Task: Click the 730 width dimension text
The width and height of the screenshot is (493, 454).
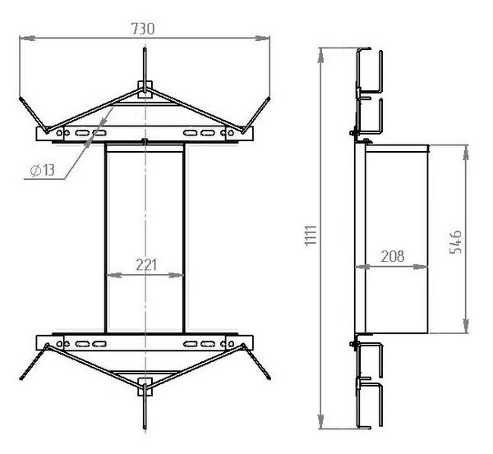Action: (143, 29)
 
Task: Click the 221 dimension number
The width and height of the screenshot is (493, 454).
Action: (146, 265)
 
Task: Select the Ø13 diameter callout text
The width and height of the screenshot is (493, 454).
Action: (43, 170)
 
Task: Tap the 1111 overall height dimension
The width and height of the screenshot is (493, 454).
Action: (311, 236)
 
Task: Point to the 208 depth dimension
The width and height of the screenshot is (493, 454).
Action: (393, 256)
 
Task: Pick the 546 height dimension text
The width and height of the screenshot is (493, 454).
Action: (455, 242)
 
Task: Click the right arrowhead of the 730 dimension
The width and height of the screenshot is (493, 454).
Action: (263, 38)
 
